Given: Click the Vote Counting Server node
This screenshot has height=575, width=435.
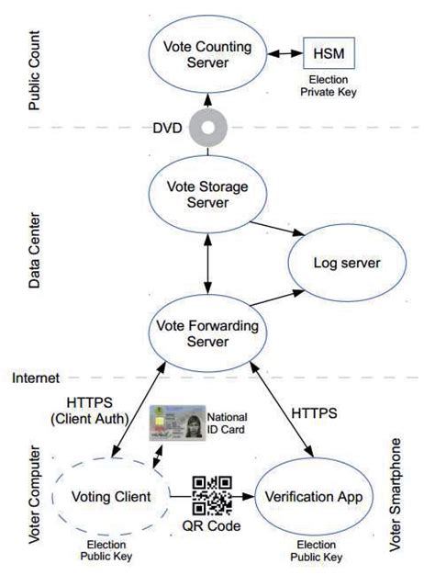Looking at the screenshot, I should coord(207,57).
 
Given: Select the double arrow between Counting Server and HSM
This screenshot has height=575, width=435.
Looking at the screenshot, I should coord(283,52).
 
